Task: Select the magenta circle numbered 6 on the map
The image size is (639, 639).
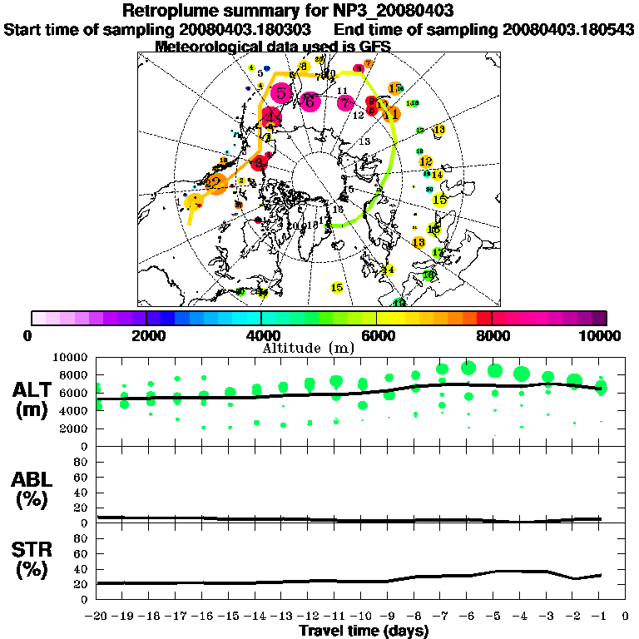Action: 310,101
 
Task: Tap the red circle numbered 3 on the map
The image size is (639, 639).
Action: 260,163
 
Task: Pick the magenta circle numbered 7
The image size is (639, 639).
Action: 345,102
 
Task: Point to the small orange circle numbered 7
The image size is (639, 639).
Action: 369,63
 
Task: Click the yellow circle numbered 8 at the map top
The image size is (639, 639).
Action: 304,66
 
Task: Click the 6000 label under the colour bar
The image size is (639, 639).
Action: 376,335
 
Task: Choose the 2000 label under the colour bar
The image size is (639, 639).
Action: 146,335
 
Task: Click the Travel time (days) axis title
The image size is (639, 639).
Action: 364,632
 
